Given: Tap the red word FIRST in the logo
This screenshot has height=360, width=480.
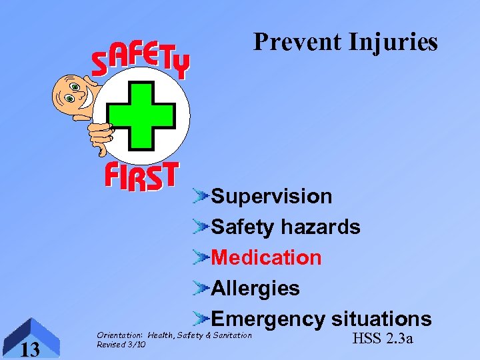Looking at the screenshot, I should click(141, 177).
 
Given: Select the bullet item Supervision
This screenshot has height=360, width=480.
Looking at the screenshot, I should click(271, 197).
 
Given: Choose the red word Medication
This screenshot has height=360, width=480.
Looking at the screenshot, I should click(266, 258).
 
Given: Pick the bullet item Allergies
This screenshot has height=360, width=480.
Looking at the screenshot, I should click(255, 289).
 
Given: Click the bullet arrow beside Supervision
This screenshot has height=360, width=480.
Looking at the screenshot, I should click(201, 196).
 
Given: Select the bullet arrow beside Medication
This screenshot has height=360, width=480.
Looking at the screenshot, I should click(201, 257).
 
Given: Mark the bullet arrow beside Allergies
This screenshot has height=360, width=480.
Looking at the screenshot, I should click(201, 288).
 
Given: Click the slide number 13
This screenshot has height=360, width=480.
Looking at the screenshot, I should click(29, 349).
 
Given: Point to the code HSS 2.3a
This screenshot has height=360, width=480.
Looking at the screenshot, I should click(382, 339).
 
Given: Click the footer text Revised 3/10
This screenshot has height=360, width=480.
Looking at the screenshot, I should click(121, 345).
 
